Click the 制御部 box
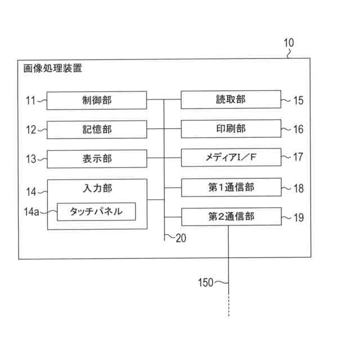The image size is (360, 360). tap(96, 100)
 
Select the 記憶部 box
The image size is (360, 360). tap(96, 129)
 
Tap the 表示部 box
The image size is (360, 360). tap(96, 159)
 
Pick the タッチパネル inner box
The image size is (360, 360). tap(96, 211)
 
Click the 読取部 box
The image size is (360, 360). tap(231, 100)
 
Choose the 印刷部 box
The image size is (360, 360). tap(231, 129)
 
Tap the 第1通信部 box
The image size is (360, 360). tap(231, 187)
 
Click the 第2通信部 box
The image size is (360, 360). tap(231, 217)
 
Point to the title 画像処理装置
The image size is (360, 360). tap(53, 69)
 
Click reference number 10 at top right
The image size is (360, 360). tap(288, 43)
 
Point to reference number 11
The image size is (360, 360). tap(30, 101)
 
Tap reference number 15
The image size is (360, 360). tap(298, 101)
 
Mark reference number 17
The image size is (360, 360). tap(298, 158)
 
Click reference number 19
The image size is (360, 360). tap(298, 217)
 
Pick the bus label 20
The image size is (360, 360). tap(181, 237)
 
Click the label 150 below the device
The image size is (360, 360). tap(206, 282)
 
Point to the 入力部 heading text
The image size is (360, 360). tap(97, 188)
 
